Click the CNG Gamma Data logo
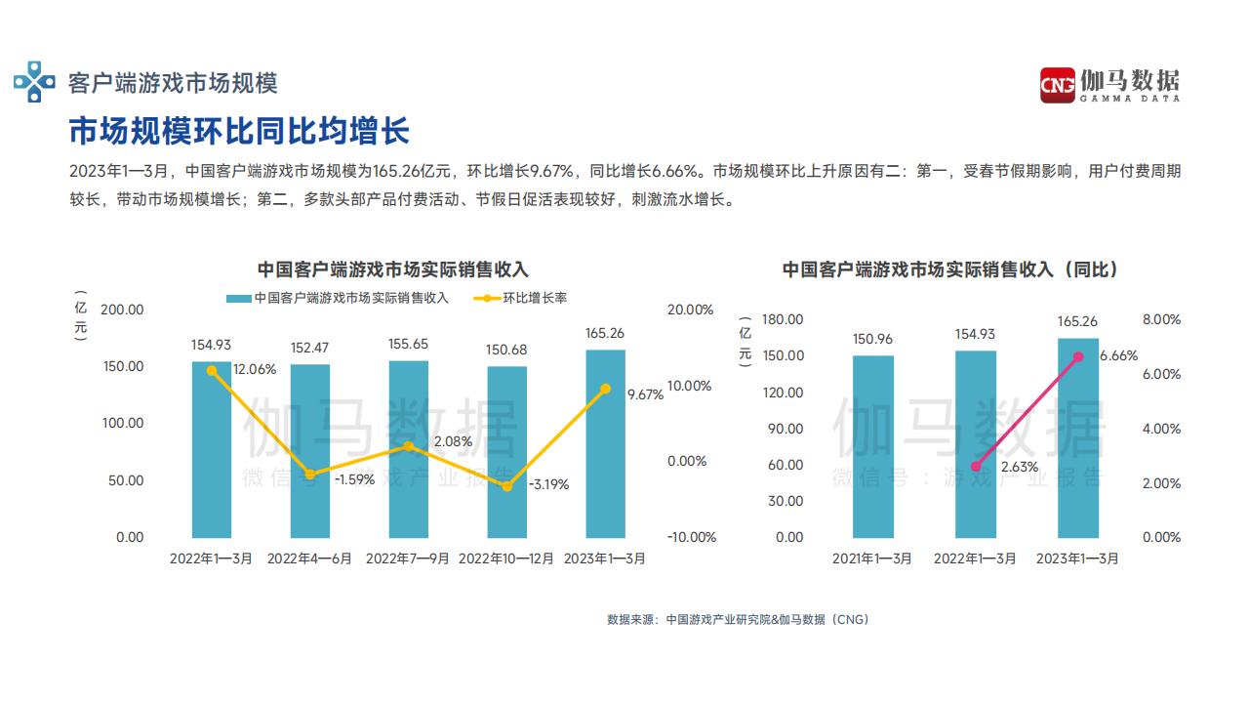point(1108,84)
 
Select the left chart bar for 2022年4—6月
point(310,451)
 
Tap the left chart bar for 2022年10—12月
point(506,451)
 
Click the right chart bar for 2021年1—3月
point(872,446)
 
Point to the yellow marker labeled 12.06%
point(212,371)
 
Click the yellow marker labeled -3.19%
point(506,485)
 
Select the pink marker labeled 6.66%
point(1078,357)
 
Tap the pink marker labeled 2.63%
point(976,467)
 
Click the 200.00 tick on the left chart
point(123,310)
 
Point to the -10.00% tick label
point(691,537)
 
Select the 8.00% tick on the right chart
point(1161,319)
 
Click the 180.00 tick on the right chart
point(782,319)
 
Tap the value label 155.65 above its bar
point(408,344)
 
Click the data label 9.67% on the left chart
point(645,394)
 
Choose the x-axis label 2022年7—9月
point(408,558)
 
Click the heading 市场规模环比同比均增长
point(239,130)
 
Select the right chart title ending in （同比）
point(950,269)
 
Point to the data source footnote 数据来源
point(738,619)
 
